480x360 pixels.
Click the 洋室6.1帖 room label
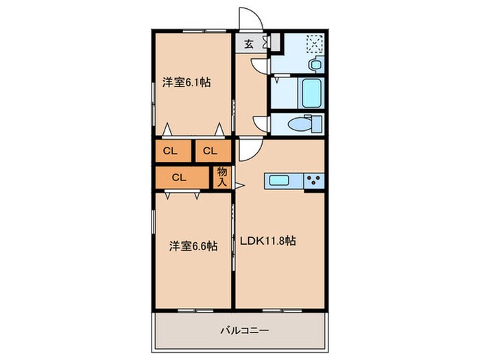pyautogui.click(x=186, y=82)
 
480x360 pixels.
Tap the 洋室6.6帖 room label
pyautogui.click(x=193, y=245)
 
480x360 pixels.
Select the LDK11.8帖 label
pyautogui.click(x=267, y=241)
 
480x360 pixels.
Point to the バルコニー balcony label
pyautogui.click(x=244, y=330)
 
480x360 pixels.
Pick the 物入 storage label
pyautogui.click(x=222, y=177)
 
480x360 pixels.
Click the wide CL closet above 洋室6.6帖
pyautogui.click(x=180, y=177)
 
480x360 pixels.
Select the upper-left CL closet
pyautogui.click(x=171, y=151)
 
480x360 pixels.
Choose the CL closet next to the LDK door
pyautogui.click(x=211, y=151)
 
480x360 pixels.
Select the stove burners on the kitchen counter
pyautogui.click(x=315, y=181)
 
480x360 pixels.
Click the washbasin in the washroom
pyautogui.click(x=315, y=65)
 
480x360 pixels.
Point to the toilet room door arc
pyautogui.click(x=261, y=124)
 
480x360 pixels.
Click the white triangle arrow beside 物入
pyautogui.click(x=239, y=184)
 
